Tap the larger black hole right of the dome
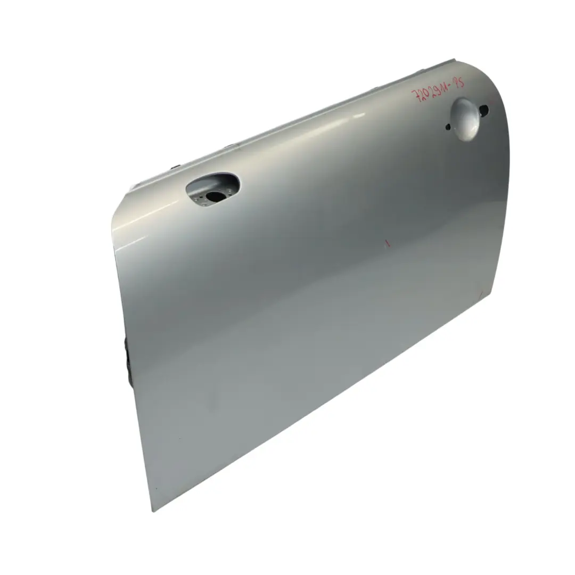click(x=483, y=110)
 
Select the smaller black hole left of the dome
click(x=448, y=127)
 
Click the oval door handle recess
click(x=212, y=188)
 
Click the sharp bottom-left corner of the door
click(x=153, y=511)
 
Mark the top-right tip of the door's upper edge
click(x=453, y=60)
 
